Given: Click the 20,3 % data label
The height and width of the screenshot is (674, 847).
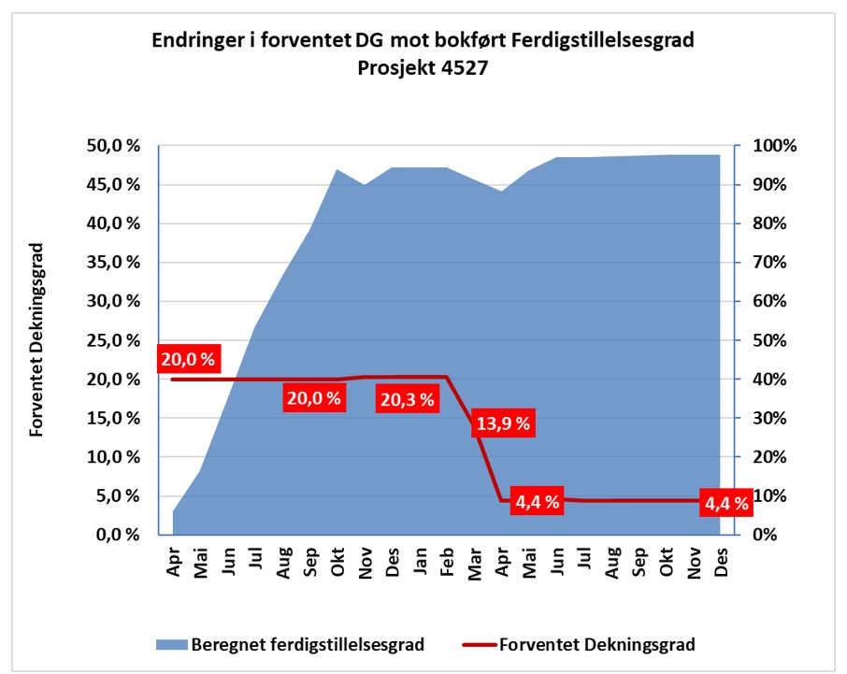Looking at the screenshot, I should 408,399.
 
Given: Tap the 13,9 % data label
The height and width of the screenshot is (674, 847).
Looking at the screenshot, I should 502,423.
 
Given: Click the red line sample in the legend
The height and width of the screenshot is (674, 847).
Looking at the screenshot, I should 479,644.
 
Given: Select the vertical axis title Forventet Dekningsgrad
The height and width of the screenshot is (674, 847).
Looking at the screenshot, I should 37,340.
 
